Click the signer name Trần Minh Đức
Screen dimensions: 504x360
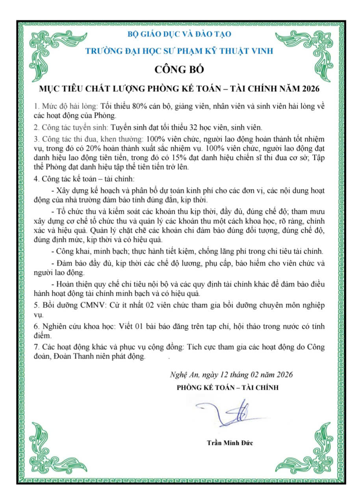coord(230,443)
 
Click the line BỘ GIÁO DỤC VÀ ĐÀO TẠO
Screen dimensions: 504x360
coord(180,34)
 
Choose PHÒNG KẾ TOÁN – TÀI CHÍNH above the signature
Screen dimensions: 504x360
coord(227,387)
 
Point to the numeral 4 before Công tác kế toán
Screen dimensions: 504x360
coord(36,180)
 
